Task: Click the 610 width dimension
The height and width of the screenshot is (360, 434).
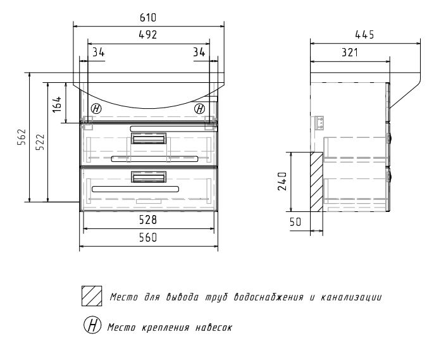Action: [148, 18]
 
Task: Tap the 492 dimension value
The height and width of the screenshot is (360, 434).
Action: [148, 35]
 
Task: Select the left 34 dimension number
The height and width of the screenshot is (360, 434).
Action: [98, 53]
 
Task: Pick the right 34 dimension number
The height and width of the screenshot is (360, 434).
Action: [199, 53]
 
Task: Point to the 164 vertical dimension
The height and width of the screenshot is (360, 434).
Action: [57, 104]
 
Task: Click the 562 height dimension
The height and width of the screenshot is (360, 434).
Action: [22, 137]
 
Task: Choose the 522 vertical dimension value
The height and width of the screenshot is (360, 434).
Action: [40, 142]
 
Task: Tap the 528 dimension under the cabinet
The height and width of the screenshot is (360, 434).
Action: [148, 220]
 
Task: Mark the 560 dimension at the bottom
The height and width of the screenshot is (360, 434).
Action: [148, 238]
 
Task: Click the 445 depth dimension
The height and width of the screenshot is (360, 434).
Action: [364, 35]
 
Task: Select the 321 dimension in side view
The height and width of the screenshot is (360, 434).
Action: [350, 53]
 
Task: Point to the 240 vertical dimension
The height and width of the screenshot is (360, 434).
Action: [282, 182]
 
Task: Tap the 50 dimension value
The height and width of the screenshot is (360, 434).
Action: [295, 222]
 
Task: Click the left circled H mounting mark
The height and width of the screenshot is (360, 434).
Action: [96, 108]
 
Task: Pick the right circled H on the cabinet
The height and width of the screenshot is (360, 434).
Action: [199, 109]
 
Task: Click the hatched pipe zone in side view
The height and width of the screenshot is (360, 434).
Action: [316, 182]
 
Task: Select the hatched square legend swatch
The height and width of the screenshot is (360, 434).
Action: [92, 296]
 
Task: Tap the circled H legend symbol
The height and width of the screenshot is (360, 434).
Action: [92, 325]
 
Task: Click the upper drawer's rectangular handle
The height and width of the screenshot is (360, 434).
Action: [149, 139]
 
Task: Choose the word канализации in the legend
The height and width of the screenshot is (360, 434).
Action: [351, 297]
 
